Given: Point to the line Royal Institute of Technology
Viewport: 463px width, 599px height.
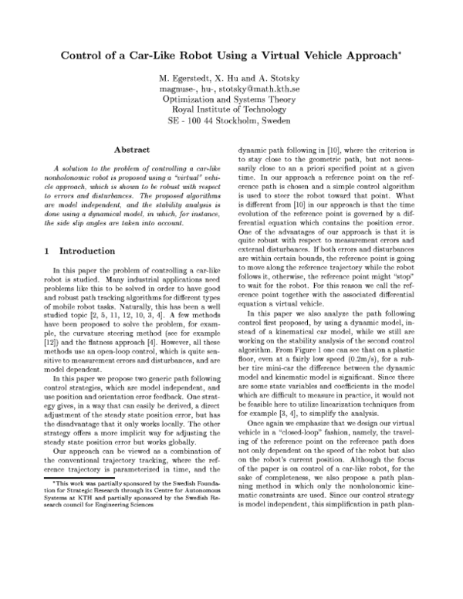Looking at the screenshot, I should (x=231, y=110).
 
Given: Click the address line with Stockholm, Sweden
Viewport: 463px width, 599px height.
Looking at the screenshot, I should (x=231, y=121).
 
